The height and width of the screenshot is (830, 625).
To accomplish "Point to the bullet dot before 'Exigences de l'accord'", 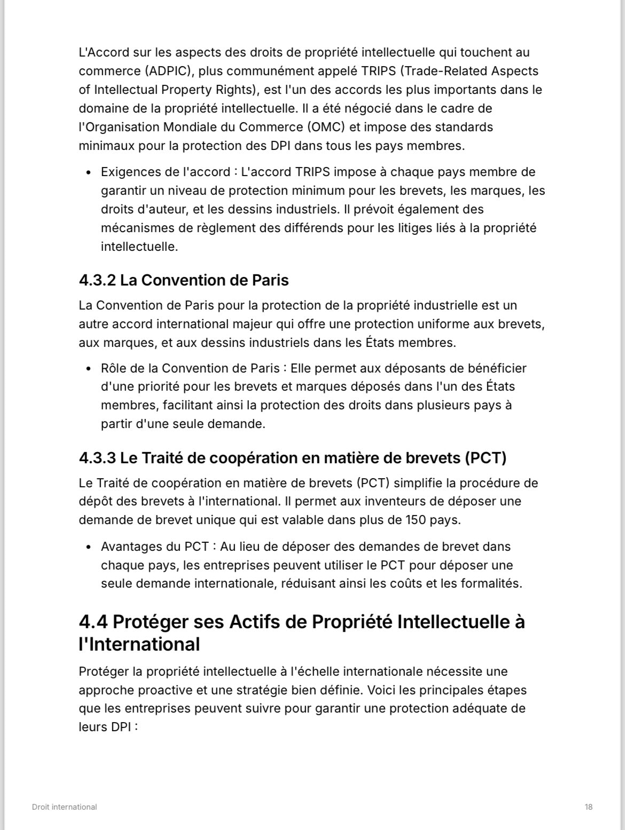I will (x=88, y=172).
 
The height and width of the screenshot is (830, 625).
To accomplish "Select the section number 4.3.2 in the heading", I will (x=97, y=280).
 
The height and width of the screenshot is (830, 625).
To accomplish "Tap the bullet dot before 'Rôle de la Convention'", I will (x=88, y=368).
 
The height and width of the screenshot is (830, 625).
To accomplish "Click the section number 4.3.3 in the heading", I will (x=97, y=458).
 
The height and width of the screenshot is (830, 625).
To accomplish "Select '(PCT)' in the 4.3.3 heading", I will (x=485, y=458).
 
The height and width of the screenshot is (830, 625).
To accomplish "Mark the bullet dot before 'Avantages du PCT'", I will (x=88, y=547).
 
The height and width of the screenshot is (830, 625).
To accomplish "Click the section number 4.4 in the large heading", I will (x=93, y=622).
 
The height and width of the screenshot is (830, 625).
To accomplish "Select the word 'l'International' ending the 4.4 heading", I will (x=139, y=644).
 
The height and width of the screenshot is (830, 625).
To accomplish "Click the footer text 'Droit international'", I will (x=64, y=807).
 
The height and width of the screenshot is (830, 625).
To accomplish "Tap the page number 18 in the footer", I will (x=588, y=807).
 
